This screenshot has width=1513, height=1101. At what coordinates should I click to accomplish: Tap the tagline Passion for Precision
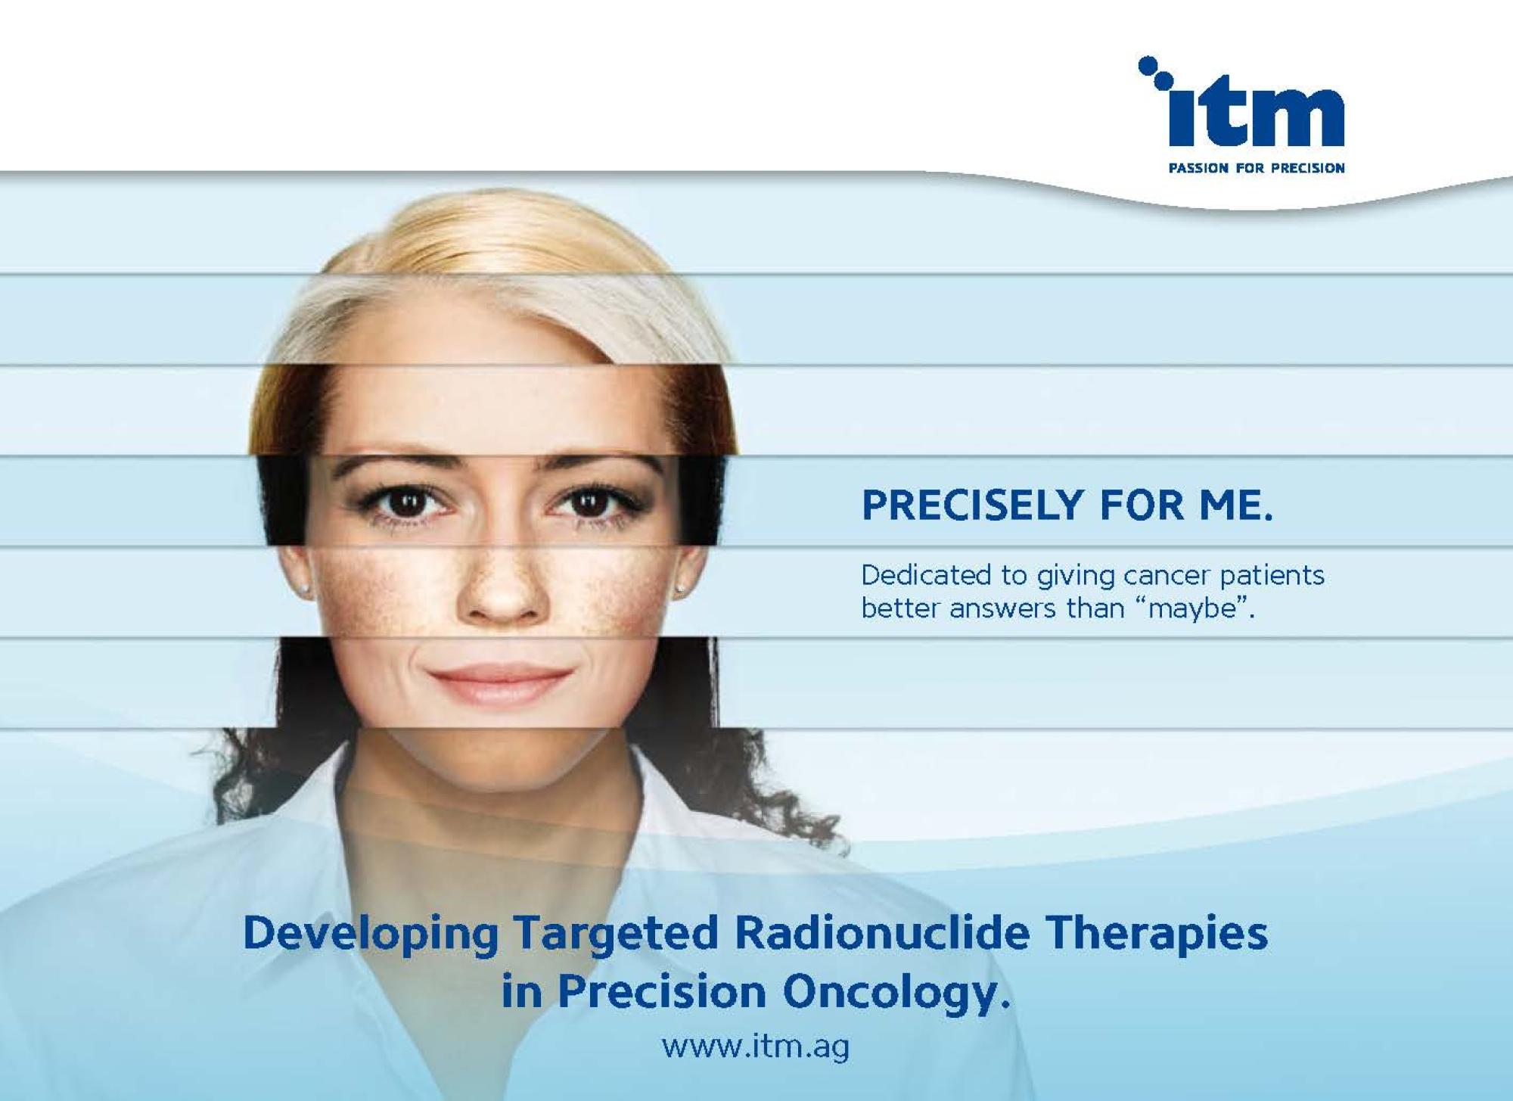point(1257,168)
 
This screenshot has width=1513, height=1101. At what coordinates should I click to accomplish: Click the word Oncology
point(896,993)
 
